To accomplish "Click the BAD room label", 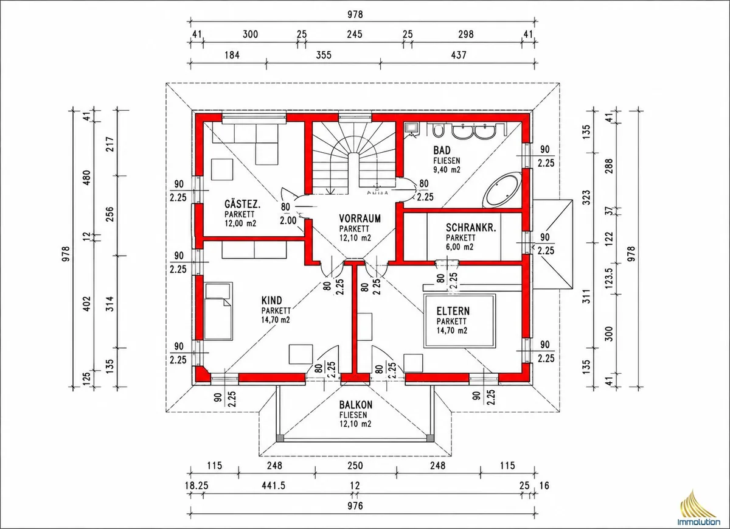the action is tap(442, 150).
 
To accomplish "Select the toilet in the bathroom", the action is tap(438, 130).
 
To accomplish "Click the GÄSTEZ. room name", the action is tap(243, 205).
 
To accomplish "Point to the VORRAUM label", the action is tap(360, 219).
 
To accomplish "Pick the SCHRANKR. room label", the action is tap(471, 228).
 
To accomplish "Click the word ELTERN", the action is tap(453, 311).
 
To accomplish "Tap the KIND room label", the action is tap(271, 300).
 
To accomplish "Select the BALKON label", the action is tap(355, 405).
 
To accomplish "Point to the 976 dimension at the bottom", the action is tap(355, 506).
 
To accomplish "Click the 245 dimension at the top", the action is tap(355, 34).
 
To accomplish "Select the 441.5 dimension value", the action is tap(274, 486).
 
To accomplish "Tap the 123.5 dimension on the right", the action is tap(609, 278).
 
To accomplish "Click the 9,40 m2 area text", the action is tap(447, 170).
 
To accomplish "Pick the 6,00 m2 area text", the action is tap(459, 247).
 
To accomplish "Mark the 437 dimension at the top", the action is tap(459, 55).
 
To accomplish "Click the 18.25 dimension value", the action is tap(196, 486).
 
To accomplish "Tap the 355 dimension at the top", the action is tap(324, 55).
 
